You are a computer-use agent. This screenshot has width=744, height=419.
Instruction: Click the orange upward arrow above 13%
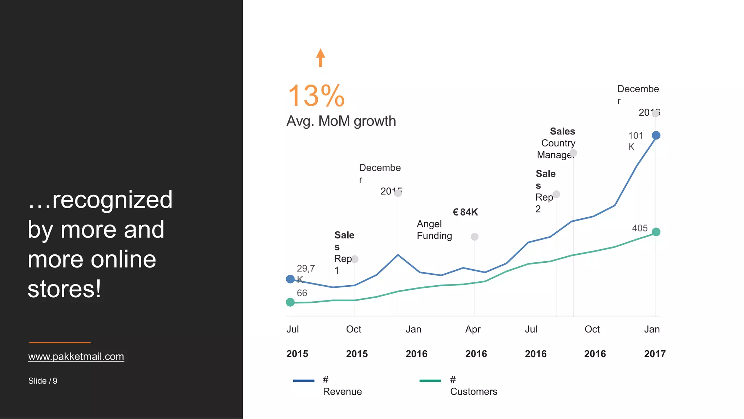coord(320,58)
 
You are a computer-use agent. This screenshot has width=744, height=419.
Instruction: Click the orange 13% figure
coord(316,96)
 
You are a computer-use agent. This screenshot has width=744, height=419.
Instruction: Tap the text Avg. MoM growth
coord(341,121)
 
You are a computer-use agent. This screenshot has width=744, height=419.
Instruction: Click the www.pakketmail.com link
coord(76,356)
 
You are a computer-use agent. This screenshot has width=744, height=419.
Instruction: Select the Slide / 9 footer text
coord(43,381)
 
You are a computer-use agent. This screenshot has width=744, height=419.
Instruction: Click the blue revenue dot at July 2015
coord(290,279)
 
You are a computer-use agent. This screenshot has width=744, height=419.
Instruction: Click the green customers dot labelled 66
coord(290,302)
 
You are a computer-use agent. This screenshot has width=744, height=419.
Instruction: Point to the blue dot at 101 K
coord(656,136)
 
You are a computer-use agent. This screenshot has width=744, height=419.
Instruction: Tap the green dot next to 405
coord(656,232)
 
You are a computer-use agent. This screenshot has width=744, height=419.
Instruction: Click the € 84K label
coord(465,212)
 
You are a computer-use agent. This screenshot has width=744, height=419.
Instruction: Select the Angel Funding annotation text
coord(434,230)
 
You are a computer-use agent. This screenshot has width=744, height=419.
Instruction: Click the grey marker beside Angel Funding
coord(474,237)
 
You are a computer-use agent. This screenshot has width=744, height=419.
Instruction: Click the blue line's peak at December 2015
coord(398,255)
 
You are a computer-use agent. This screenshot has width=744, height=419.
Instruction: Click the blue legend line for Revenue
coord(303,381)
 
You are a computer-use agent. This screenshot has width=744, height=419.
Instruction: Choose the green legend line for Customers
coord(430,381)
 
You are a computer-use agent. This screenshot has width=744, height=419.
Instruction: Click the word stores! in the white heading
coord(64,289)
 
